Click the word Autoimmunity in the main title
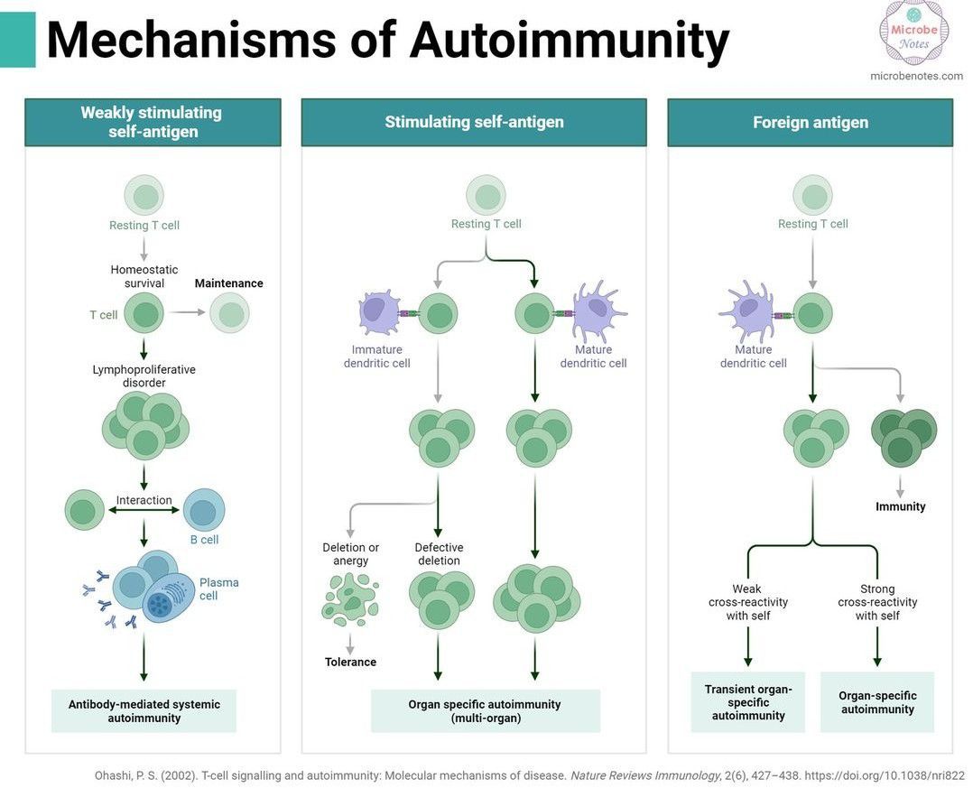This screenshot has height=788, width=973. click(x=569, y=40)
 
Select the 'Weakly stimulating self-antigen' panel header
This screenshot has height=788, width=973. click(x=152, y=122)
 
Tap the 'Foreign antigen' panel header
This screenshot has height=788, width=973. click(x=810, y=122)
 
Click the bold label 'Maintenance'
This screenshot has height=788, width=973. click(x=229, y=283)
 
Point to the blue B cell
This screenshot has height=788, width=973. click(x=204, y=510)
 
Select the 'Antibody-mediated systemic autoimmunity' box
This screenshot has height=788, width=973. click(x=144, y=711)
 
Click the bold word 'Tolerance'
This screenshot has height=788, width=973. click(x=350, y=662)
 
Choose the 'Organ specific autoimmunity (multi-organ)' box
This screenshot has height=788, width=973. click(x=485, y=711)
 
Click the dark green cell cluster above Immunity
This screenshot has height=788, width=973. click(x=903, y=438)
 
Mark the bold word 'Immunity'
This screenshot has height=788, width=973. click(x=900, y=506)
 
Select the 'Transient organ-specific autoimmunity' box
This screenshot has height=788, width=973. click(x=748, y=702)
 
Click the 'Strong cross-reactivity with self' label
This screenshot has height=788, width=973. click(x=877, y=602)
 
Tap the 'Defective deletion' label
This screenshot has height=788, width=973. click(x=439, y=554)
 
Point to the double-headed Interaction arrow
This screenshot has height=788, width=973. click(x=144, y=511)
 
